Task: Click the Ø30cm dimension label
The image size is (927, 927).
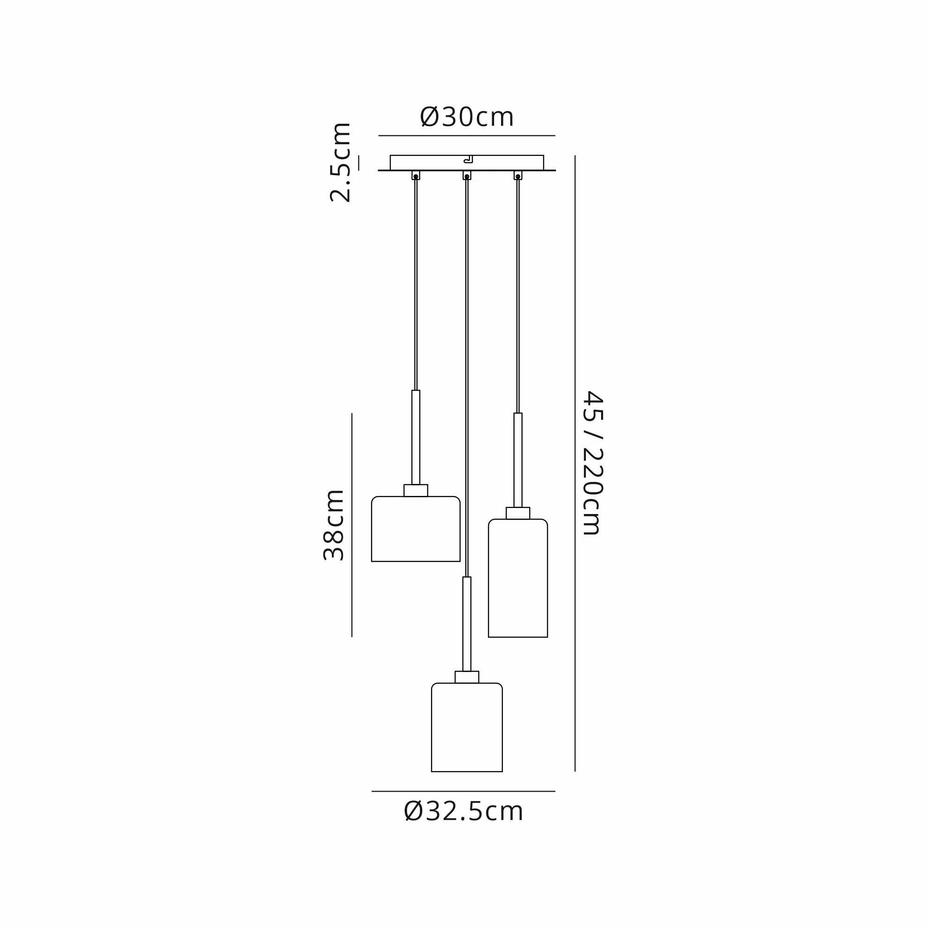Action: [x=466, y=117]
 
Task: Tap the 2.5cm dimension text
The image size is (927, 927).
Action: [x=341, y=162]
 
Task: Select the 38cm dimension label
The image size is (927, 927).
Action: [x=333, y=525]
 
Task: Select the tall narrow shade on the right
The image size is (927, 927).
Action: [x=518, y=578]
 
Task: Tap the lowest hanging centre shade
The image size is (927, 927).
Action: [x=467, y=727]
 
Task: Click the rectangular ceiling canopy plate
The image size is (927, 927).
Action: [x=467, y=163]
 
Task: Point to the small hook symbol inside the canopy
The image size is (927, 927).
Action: [x=468, y=159]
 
